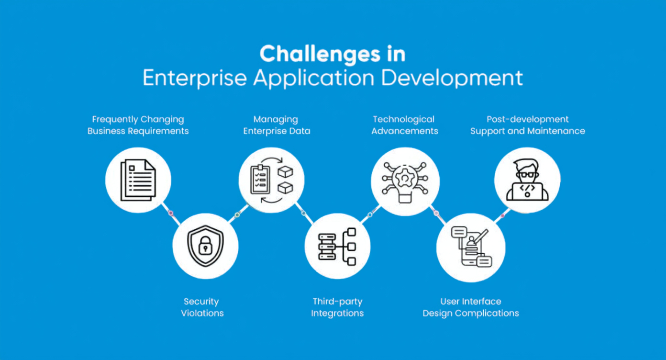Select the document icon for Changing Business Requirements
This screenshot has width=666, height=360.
tap(138, 180)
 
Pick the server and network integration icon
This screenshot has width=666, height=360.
tap(337, 247)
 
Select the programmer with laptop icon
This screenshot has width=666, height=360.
tap(527, 181)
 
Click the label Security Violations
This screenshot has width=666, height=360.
tap(202, 307)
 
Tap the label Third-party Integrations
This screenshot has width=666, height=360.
tap(337, 307)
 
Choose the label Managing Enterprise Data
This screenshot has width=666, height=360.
tap(277, 125)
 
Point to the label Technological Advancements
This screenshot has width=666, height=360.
tap(404, 125)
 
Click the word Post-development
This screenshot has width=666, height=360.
tap(527, 119)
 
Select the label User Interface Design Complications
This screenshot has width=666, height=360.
tap(471, 307)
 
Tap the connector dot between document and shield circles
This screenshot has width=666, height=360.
tap(170, 213)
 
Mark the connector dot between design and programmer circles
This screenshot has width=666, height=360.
tap(502, 216)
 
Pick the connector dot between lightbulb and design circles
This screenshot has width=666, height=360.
tap(436, 213)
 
